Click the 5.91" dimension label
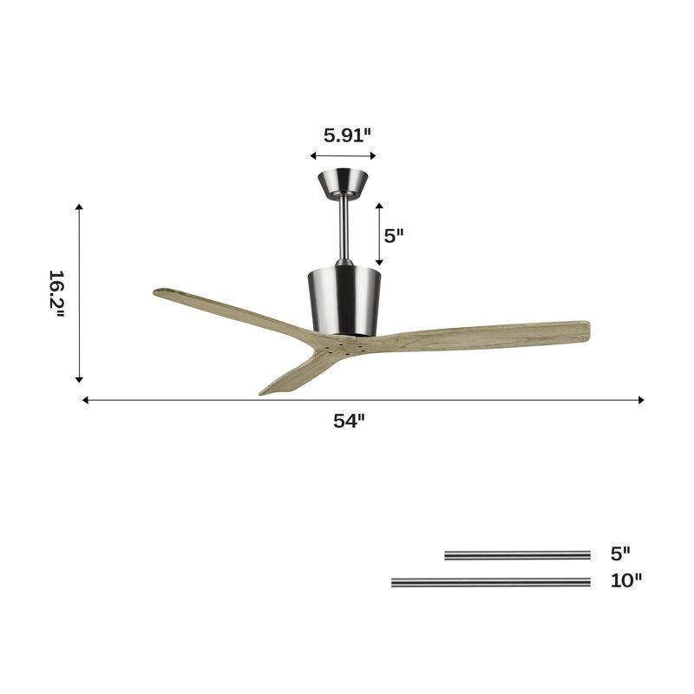(347, 134)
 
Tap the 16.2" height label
(56, 293)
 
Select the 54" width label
(349, 421)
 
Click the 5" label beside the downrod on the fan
(395, 235)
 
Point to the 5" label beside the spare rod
(619, 553)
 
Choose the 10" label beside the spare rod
(625, 580)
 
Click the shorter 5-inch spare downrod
(517, 555)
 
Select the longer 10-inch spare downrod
(491, 582)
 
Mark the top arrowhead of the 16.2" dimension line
(79, 207)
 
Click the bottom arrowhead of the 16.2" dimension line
(79, 378)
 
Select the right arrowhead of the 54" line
(640, 400)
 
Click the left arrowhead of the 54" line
(86, 400)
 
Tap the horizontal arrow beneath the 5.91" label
(343, 156)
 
